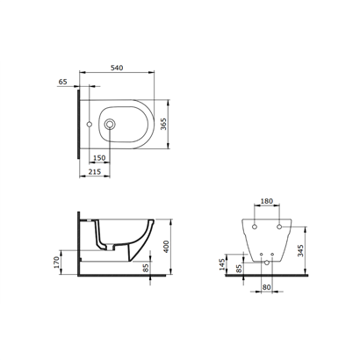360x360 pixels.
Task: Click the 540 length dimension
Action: (x=117, y=68)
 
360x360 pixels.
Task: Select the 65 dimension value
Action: (x=63, y=82)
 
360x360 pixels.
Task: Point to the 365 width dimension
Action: (x=163, y=125)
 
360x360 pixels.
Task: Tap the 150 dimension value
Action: (x=99, y=158)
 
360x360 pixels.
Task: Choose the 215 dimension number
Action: (x=95, y=171)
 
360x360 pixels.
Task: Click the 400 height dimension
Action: (x=166, y=247)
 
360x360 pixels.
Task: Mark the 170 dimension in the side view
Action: (x=56, y=263)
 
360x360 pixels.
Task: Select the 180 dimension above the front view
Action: (x=266, y=201)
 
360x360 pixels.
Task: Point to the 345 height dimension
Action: (x=300, y=250)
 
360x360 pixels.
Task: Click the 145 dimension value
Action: (x=222, y=264)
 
